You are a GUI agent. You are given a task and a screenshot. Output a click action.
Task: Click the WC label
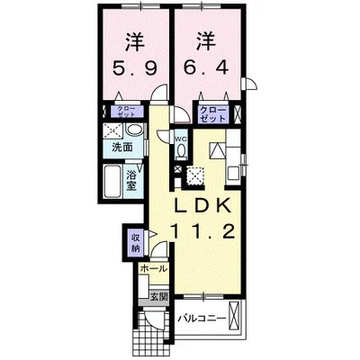click(180, 139)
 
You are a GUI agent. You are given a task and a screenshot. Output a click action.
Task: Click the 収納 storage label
click(135, 241)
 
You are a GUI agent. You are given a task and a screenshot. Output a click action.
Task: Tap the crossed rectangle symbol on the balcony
click(236, 318)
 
